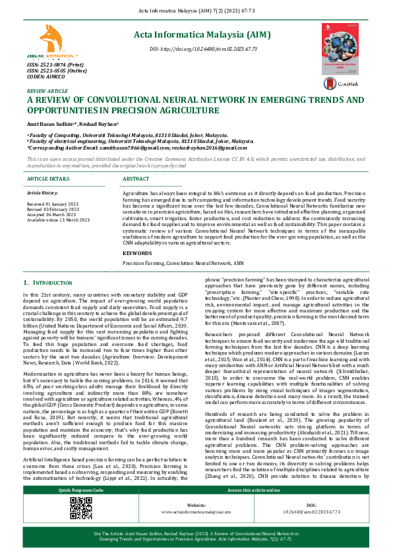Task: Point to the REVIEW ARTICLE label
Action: [x=47, y=91]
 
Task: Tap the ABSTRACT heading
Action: [x=136, y=179]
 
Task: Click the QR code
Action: [x=80, y=508]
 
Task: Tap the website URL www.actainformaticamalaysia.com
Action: [x=196, y=511]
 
